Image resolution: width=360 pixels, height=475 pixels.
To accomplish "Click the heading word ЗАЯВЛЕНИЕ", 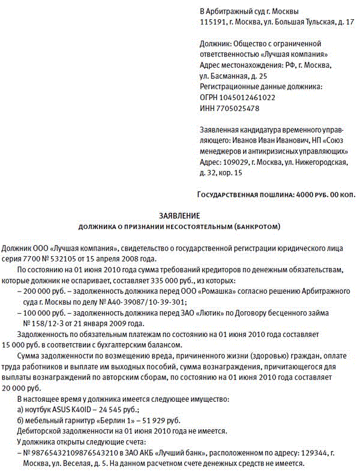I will (x=179, y=215).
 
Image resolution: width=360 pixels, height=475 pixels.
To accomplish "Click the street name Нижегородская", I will (x=323, y=162).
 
